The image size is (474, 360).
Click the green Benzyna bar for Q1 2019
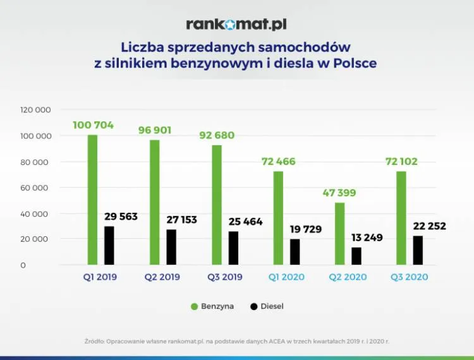92,200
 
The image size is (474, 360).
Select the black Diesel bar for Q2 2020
356,256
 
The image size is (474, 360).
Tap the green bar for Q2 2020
339,233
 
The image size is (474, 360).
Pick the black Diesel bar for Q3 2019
233,248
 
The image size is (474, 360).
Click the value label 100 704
93,125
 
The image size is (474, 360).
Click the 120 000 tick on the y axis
35,110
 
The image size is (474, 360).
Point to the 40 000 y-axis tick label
35,213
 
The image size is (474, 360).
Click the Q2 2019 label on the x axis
162,277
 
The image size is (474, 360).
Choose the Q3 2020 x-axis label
410,277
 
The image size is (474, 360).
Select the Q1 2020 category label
286,277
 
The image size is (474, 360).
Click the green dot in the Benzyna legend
195,306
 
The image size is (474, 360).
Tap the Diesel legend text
272,306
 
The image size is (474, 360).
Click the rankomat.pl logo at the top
236,25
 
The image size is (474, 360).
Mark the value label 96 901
155,130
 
